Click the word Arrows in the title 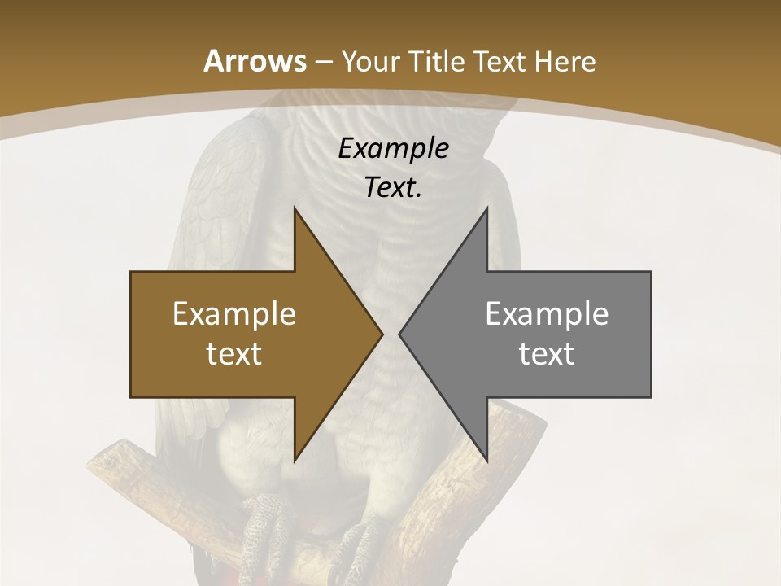pyautogui.click(x=255, y=61)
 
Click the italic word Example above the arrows pyautogui.click(x=394, y=148)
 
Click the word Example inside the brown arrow pyautogui.click(x=234, y=313)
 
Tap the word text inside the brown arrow pyautogui.click(x=234, y=353)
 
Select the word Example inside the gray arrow pyautogui.click(x=547, y=313)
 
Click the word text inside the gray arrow pyautogui.click(x=547, y=353)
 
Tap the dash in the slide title pyautogui.click(x=324, y=62)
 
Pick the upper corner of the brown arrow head pyautogui.click(x=295, y=209)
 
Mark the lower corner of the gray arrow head pyautogui.click(x=486, y=460)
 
